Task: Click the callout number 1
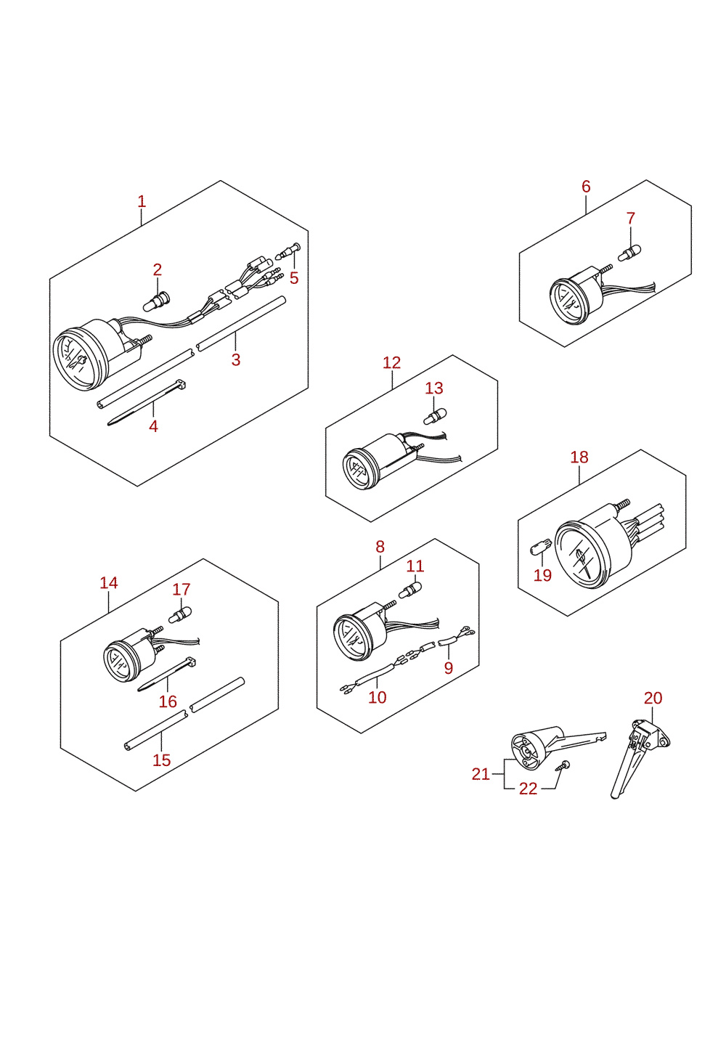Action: pyautogui.click(x=142, y=202)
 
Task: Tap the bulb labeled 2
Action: pyautogui.click(x=156, y=301)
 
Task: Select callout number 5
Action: pyautogui.click(x=294, y=278)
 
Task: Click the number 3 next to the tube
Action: pyautogui.click(x=236, y=360)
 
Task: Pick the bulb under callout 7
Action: pyautogui.click(x=629, y=253)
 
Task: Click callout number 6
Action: pyautogui.click(x=586, y=187)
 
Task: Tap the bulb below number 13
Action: pyautogui.click(x=435, y=417)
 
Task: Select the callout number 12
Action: pyautogui.click(x=391, y=363)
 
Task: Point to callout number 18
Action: pyautogui.click(x=579, y=457)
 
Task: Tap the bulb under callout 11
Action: pyautogui.click(x=410, y=590)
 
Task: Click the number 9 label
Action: pyautogui.click(x=448, y=668)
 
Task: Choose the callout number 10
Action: pyautogui.click(x=377, y=697)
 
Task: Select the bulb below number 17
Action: pyautogui.click(x=180, y=614)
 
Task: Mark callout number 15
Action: pyautogui.click(x=162, y=760)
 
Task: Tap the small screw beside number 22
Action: pyautogui.click(x=563, y=766)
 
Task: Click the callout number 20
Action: pyautogui.click(x=653, y=698)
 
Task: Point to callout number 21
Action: pyautogui.click(x=481, y=774)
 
